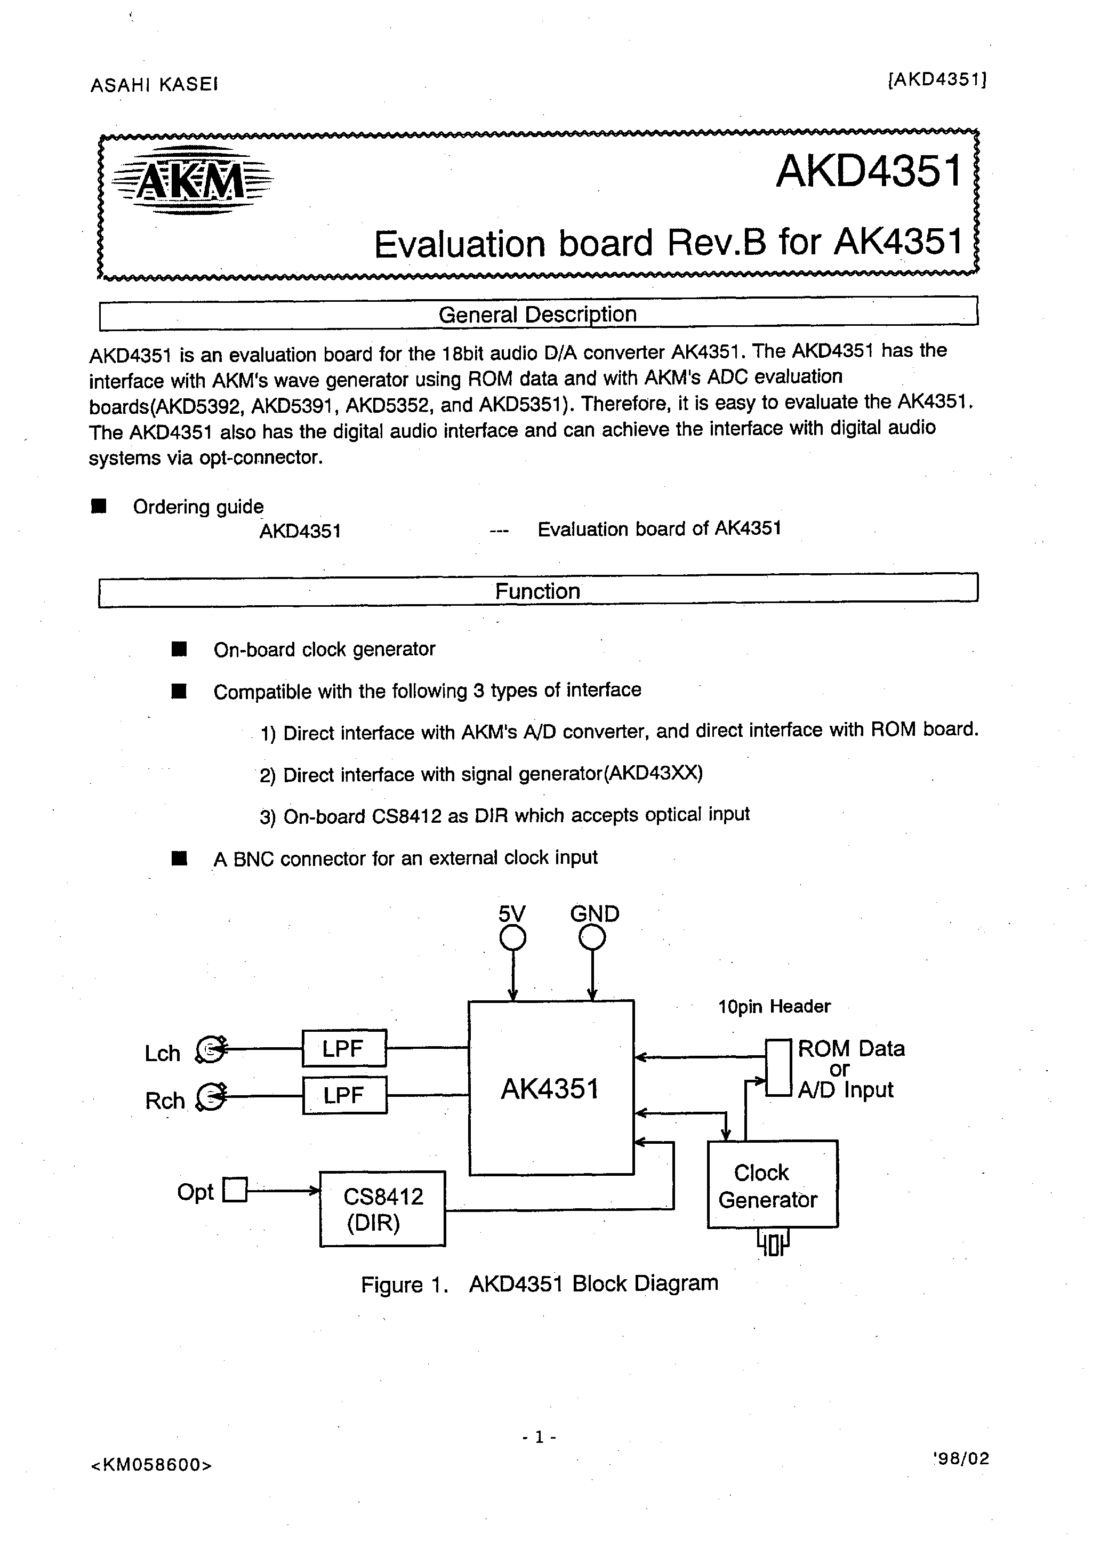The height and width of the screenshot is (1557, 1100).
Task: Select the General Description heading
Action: [537, 315]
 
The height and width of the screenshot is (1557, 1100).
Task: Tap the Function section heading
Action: [537, 591]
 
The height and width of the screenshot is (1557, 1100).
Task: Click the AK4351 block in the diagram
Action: [551, 1088]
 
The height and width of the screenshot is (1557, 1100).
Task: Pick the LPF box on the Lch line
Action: [344, 1048]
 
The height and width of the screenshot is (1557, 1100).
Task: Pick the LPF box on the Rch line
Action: [344, 1095]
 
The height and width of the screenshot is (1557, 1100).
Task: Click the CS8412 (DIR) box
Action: [382, 1208]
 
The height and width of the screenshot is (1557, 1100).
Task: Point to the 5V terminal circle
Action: [513, 938]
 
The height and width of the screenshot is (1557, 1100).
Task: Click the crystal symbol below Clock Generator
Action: [773, 1243]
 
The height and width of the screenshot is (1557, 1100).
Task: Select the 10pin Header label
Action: [774, 1006]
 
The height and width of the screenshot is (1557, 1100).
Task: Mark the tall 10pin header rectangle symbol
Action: [778, 1068]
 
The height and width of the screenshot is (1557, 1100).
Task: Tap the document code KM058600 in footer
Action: [150, 1465]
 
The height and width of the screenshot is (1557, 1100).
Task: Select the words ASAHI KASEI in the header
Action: [154, 85]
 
